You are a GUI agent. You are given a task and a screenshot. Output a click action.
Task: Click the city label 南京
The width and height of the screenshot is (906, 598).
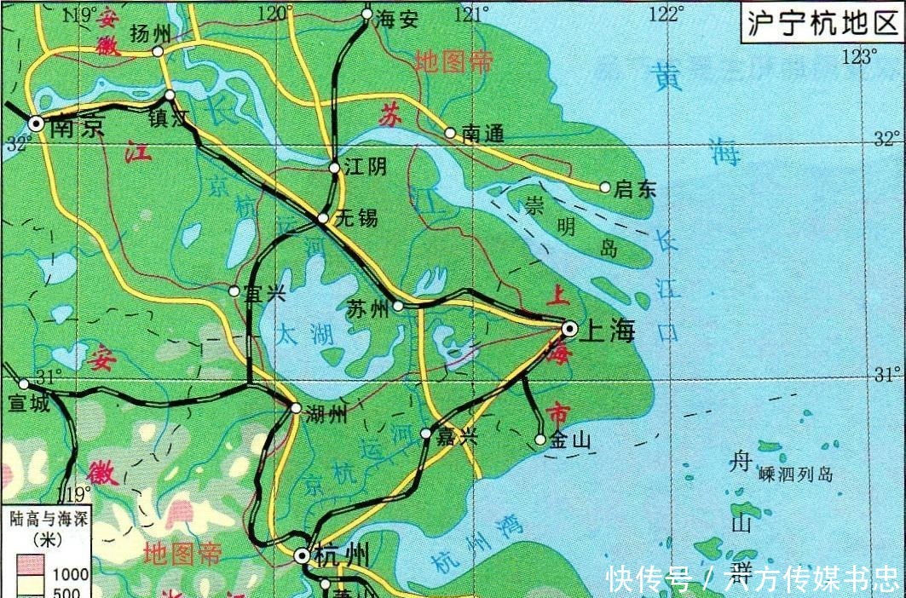[77, 127]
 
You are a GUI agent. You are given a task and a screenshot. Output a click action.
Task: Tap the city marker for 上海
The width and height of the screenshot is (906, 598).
[569, 329]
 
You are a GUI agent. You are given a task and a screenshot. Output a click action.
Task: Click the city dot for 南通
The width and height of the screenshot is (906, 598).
[450, 132]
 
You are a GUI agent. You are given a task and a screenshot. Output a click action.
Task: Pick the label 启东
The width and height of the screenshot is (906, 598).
[636, 190]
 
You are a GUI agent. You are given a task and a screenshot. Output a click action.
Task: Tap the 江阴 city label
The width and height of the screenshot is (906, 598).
[366, 168]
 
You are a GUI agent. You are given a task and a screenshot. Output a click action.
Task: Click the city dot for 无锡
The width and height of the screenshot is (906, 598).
[323, 219]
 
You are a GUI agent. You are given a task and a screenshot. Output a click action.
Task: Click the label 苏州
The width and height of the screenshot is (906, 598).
[368, 308]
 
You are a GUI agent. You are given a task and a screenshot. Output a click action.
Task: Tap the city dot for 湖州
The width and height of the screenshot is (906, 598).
[295, 408]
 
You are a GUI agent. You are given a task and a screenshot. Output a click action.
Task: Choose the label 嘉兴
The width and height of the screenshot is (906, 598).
[457, 438]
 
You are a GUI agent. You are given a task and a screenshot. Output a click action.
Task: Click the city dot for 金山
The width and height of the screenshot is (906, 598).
[540, 440]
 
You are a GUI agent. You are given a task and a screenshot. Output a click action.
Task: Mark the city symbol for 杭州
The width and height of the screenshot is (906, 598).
[302, 555]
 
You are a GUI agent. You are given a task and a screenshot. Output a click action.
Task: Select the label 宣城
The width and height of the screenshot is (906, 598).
[29, 402]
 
